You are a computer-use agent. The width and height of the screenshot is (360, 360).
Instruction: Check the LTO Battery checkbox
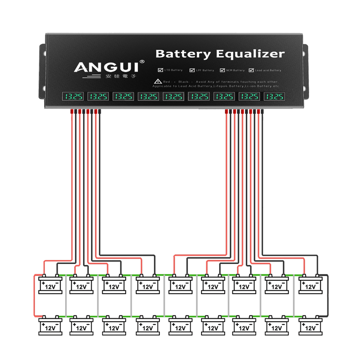(160, 70)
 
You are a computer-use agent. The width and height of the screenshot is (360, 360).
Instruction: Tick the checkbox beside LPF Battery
(192, 70)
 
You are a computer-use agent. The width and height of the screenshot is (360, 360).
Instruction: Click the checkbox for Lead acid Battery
(251, 70)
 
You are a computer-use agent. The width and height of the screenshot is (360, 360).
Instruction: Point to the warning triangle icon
(158, 82)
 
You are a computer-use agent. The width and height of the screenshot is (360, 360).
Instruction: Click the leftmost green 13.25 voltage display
(73, 96)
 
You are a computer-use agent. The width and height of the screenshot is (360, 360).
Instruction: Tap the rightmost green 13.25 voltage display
(275, 96)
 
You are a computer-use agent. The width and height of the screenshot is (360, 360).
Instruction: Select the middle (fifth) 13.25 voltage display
(174, 96)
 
